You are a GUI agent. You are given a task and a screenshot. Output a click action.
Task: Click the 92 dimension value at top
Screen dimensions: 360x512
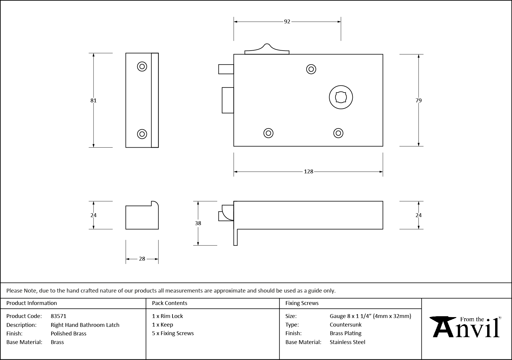tap(287, 22)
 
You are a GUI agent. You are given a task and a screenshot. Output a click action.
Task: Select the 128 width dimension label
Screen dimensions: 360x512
tap(308, 172)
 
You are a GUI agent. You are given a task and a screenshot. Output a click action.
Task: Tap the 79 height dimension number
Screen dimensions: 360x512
tap(418, 101)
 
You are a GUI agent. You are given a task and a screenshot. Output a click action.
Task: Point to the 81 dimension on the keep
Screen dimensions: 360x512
tap(94, 101)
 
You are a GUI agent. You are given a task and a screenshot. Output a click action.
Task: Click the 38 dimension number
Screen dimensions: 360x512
tap(198, 223)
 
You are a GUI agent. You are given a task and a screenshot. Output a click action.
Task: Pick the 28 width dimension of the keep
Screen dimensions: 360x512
tap(142, 259)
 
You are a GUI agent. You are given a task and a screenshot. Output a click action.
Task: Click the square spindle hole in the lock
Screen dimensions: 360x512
tap(341, 97)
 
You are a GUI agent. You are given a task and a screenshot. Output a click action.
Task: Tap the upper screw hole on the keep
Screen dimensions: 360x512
tap(142, 67)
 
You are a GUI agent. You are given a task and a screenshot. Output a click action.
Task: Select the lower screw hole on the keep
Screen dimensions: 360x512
tap(142, 134)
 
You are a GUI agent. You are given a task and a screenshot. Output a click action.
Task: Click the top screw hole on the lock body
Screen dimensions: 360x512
tap(311, 69)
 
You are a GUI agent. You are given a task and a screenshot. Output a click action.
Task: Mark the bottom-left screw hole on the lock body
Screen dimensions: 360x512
tap(268, 133)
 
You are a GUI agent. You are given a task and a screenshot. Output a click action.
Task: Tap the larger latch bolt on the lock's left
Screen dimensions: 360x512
tap(228, 100)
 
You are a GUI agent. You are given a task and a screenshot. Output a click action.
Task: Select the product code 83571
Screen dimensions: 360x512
tap(59, 316)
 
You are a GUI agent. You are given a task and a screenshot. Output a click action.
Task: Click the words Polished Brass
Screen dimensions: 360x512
tap(68, 333)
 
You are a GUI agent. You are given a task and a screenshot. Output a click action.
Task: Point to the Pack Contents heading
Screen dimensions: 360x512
tap(170, 303)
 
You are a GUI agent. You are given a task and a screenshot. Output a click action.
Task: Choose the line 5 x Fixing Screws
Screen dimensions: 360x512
tap(173, 333)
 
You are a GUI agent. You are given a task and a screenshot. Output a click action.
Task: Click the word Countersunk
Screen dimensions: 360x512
tap(345, 325)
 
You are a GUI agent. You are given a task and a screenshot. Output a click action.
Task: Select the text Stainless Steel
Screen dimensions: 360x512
tap(347, 342)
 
